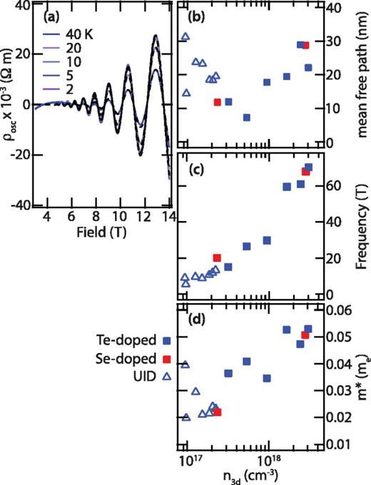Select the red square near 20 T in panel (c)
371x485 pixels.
coord(217,257)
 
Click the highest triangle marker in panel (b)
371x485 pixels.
coord(185,36)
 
